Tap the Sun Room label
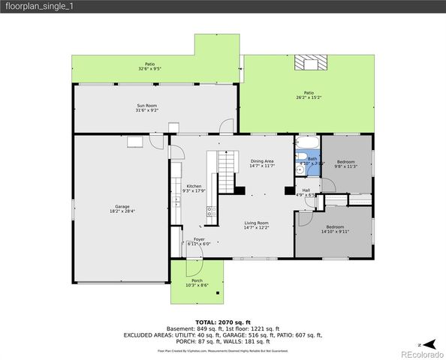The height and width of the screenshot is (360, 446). tap(146, 108)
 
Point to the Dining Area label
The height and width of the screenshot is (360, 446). tap(262, 162)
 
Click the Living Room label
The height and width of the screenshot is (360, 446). tap(256, 224)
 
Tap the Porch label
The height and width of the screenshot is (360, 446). tap(197, 283)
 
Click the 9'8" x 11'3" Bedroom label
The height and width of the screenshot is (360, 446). tap(345, 164)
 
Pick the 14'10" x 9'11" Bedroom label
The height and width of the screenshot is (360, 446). tap(335, 229)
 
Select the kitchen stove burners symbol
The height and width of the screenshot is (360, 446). tap(211, 211)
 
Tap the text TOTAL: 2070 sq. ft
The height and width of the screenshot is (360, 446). tap(223, 320)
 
